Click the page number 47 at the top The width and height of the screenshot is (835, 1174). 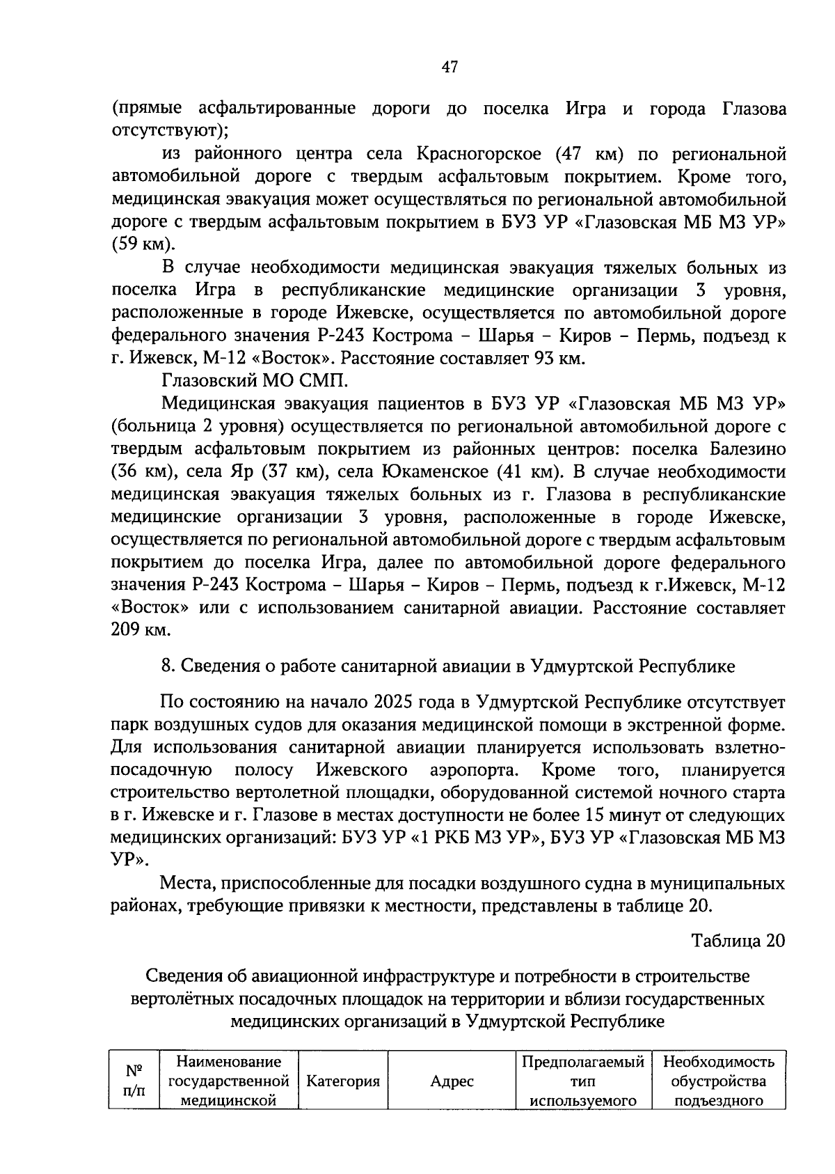click(450, 67)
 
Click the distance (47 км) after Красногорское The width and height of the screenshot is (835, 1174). click(594, 154)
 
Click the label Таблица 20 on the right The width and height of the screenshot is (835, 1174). click(738, 940)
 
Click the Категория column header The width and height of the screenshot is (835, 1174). click(343, 1081)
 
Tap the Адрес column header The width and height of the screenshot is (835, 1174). click(452, 1081)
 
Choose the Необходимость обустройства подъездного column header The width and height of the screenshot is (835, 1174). click(719, 1081)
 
